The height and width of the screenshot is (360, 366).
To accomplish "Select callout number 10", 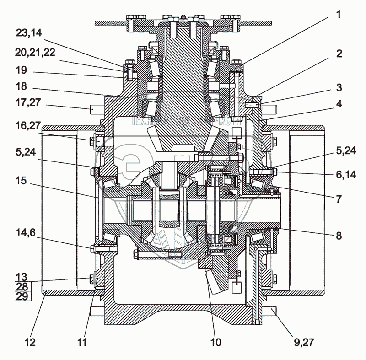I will click(x=215, y=342).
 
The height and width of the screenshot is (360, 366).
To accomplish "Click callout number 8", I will click(x=339, y=236).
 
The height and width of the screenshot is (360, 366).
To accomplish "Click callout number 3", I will click(x=339, y=87).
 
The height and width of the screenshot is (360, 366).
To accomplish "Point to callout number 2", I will click(x=339, y=54).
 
